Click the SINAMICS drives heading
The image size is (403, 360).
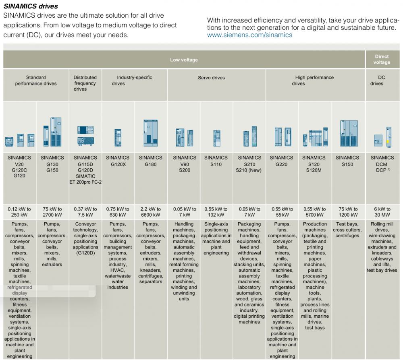click(x=31, y=6)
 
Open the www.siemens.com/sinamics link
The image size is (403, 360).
click(x=249, y=35)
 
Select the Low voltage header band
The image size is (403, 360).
click(x=184, y=60)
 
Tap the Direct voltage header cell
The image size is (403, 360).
click(x=382, y=60)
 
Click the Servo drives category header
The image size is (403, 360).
click(x=211, y=78)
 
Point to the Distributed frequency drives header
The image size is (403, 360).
click(x=85, y=83)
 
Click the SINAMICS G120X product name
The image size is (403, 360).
click(x=118, y=161)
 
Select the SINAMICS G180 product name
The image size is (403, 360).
click(x=151, y=161)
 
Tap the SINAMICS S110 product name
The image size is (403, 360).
click(x=216, y=161)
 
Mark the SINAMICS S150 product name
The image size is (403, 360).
click(x=347, y=161)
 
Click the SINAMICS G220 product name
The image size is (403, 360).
click(x=281, y=161)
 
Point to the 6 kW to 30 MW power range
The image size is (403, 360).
click(x=382, y=212)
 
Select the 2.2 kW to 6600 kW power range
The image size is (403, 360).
click(x=151, y=212)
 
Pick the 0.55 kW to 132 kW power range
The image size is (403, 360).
click(x=216, y=212)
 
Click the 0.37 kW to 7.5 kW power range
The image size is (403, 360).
click(x=85, y=212)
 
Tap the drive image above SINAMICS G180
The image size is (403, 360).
click(x=150, y=133)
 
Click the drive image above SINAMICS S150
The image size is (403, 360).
click(x=347, y=133)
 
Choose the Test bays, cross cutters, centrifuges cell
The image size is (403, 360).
click(x=347, y=230)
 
